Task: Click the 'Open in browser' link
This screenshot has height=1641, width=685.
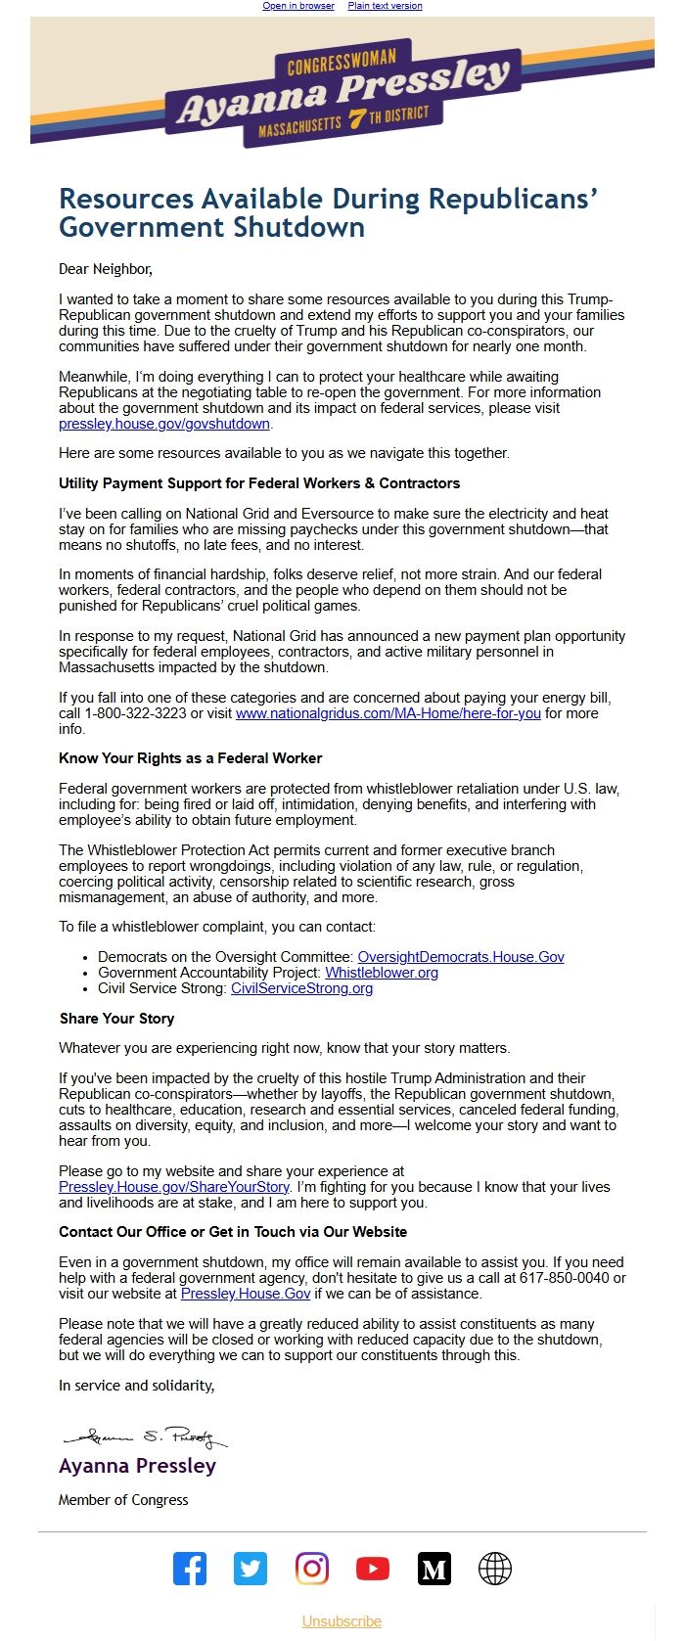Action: (x=298, y=6)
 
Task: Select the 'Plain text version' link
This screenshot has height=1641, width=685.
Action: (x=385, y=6)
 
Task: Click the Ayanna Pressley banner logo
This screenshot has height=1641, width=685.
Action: (x=342, y=94)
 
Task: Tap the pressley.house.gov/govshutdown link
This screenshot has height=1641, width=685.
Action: (x=164, y=424)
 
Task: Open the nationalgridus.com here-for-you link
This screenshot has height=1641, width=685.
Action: (x=388, y=713)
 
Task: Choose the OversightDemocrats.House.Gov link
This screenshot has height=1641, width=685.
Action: (x=461, y=957)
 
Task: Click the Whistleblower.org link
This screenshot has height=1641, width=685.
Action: (x=382, y=973)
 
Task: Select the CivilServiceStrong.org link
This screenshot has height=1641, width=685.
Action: (x=301, y=988)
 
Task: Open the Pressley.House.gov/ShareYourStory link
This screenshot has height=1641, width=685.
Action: (x=174, y=1187)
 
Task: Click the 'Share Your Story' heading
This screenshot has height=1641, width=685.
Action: (x=116, y=1019)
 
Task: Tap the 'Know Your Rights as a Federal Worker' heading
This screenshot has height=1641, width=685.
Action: (x=190, y=758)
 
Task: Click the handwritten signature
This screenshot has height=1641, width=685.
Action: (x=145, y=1437)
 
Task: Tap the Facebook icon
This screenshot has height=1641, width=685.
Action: (x=190, y=1569)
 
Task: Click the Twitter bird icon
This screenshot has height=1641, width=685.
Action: (x=251, y=1569)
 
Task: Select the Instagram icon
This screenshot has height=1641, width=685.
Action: (x=312, y=1569)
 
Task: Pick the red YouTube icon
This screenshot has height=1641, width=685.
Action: (x=373, y=1569)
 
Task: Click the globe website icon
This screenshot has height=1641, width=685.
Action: (x=495, y=1569)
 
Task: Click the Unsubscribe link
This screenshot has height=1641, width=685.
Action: (x=342, y=1621)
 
